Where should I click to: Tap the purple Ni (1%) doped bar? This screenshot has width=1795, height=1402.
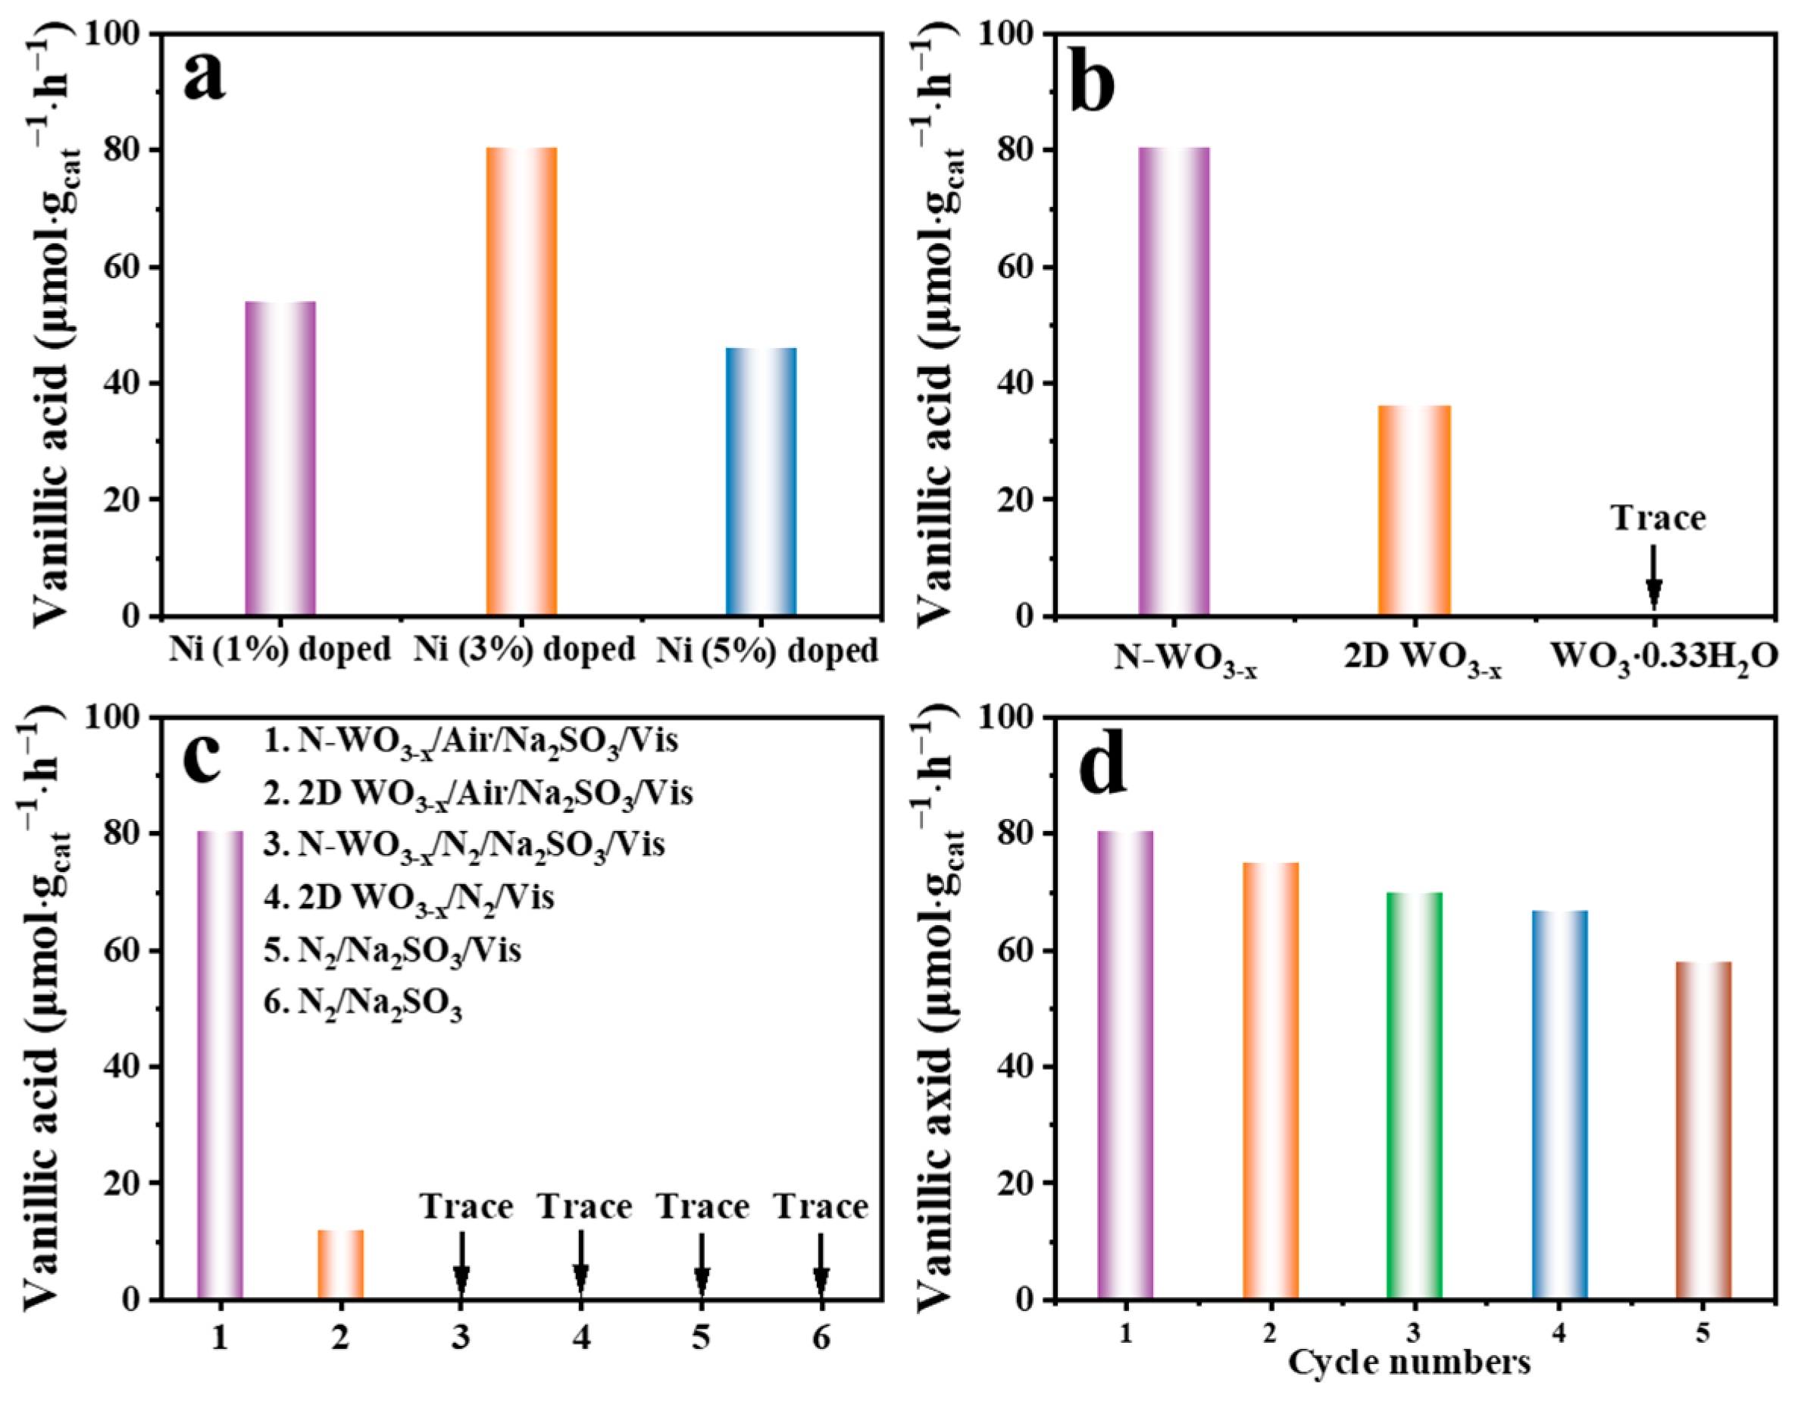click(280, 458)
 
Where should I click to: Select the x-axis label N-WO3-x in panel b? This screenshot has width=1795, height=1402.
click(1184, 659)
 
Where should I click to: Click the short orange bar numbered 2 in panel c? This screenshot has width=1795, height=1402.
click(340, 1265)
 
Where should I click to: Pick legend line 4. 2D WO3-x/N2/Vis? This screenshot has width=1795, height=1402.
click(408, 898)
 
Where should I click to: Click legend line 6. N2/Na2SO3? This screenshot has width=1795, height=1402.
click(362, 1005)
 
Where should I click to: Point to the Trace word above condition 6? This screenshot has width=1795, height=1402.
click(821, 1207)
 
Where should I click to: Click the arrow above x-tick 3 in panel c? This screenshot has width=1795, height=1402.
click(461, 1263)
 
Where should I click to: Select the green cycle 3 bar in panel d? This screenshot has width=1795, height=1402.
click(1414, 1095)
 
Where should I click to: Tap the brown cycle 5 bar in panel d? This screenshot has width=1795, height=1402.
click(1703, 1130)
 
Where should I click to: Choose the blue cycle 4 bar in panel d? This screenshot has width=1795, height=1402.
click(1559, 1104)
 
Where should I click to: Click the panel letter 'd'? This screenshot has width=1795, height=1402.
click(1102, 767)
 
